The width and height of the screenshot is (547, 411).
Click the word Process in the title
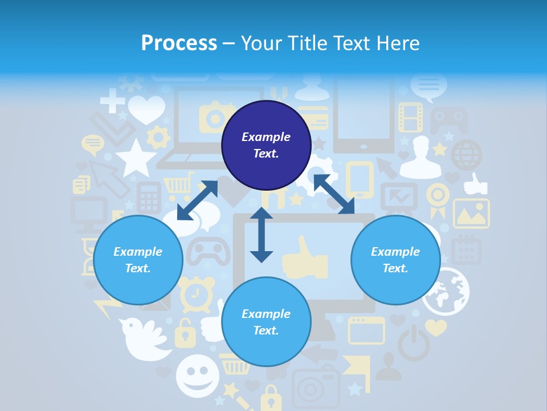click(179, 43)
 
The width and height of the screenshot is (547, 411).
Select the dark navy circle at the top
click(266, 145)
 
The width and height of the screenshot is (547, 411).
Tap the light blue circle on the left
click(138, 260)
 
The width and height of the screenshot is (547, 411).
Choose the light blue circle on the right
click(395, 260)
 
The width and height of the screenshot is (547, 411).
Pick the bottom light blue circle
click(266, 322)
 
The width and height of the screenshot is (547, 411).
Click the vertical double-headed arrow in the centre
click(262, 235)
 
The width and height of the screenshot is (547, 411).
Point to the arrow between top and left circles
click(197, 200)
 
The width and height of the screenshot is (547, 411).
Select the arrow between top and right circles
click(334, 195)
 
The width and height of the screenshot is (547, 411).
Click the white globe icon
click(446, 292)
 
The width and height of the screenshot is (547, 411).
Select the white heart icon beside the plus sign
click(146, 109)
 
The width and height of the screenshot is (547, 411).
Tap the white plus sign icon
click(112, 101)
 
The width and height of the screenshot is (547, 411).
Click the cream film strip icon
click(410, 117)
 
